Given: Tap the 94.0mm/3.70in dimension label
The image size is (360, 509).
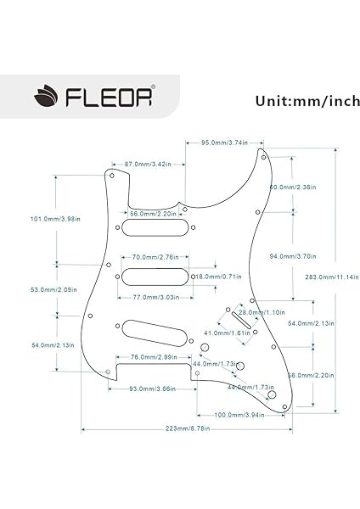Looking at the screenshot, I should pos(316,255).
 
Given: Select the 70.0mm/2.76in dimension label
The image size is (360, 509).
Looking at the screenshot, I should pos(154,255).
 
